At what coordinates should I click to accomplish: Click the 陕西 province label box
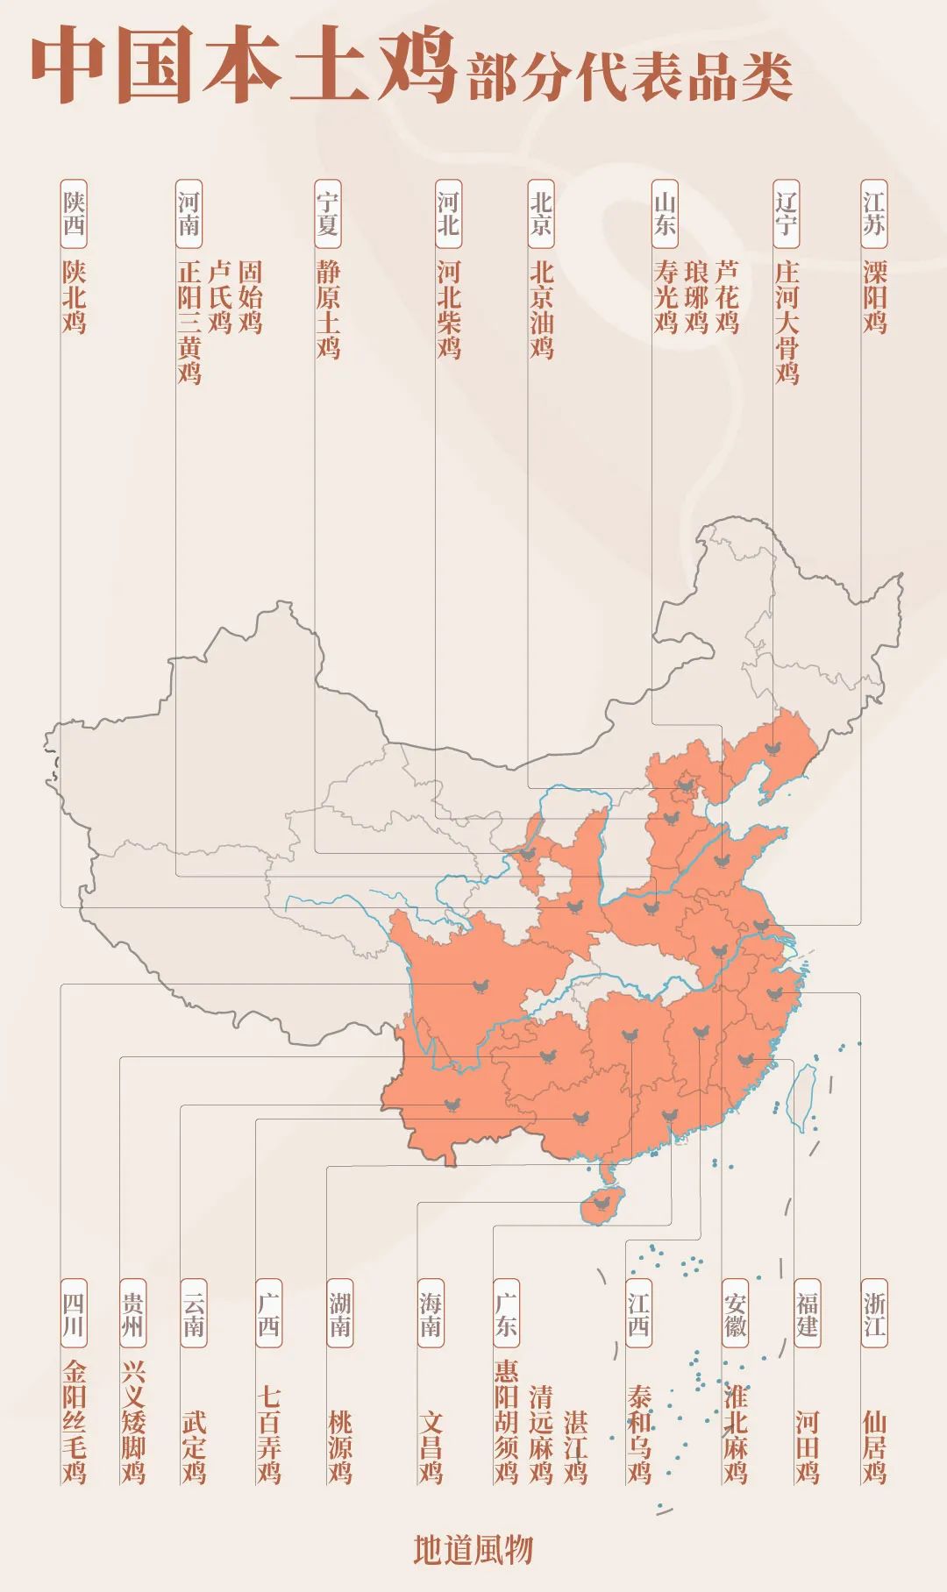[x=74, y=214]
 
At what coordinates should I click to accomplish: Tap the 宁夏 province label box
[x=328, y=214]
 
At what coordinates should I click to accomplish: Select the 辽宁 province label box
[x=786, y=214]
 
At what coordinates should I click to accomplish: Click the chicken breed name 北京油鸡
[x=541, y=309]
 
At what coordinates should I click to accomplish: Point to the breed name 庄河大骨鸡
[x=787, y=322]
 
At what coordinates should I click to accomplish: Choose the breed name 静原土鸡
[x=328, y=309]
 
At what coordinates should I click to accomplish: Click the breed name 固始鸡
[x=250, y=296]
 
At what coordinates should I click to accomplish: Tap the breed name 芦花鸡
[x=727, y=296]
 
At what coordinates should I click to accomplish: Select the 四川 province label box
[x=74, y=1313]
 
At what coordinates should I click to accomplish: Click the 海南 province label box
[x=431, y=1313]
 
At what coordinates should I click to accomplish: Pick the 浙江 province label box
[x=874, y=1313]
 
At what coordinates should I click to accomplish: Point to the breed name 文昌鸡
[x=431, y=1446]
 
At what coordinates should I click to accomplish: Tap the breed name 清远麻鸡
[x=541, y=1434]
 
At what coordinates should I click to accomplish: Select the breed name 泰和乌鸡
[x=638, y=1434]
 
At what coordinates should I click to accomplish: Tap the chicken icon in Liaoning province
[x=773, y=748]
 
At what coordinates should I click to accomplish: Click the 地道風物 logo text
[x=473, y=1549]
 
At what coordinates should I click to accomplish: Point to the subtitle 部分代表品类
[x=630, y=77]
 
